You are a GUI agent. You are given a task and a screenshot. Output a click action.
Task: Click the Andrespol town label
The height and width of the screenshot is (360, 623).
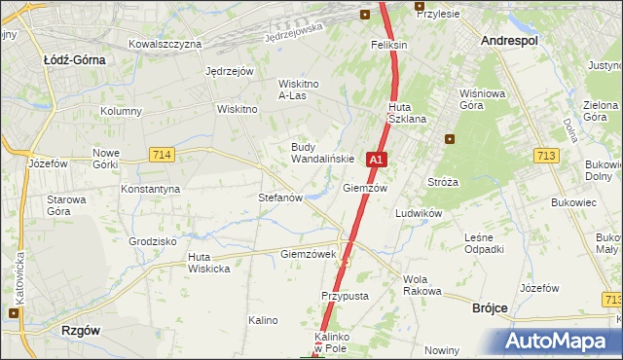coord(510,40)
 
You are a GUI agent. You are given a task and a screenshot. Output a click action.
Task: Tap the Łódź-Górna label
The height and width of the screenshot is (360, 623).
coord(74,58)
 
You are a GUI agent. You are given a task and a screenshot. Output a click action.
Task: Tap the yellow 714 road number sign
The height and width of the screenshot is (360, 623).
coord(163,155)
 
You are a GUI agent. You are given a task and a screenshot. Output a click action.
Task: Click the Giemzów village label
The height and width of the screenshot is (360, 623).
coord(365,188)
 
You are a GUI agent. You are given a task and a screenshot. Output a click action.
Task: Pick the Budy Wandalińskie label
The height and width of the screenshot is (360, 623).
coord(315,153)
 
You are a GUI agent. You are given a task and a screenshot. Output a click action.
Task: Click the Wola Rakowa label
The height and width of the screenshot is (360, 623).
coord(421,285)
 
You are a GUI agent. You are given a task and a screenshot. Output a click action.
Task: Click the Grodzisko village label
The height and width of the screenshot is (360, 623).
coord(152,240)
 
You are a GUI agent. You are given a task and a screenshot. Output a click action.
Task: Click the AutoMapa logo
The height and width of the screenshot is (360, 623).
coord(555,342)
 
